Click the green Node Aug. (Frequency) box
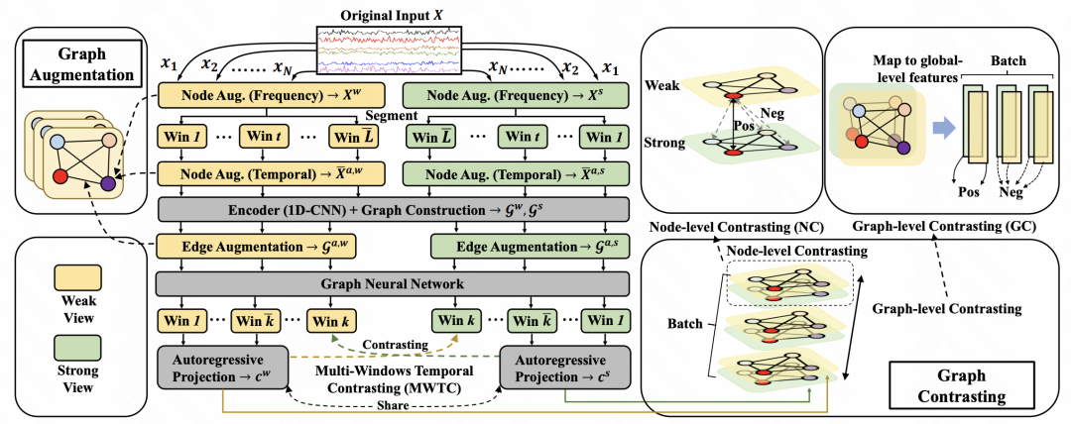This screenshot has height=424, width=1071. coord(516,96)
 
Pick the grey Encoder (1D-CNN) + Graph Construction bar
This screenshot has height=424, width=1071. coord(394,210)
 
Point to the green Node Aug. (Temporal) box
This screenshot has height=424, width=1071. coord(516,172)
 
